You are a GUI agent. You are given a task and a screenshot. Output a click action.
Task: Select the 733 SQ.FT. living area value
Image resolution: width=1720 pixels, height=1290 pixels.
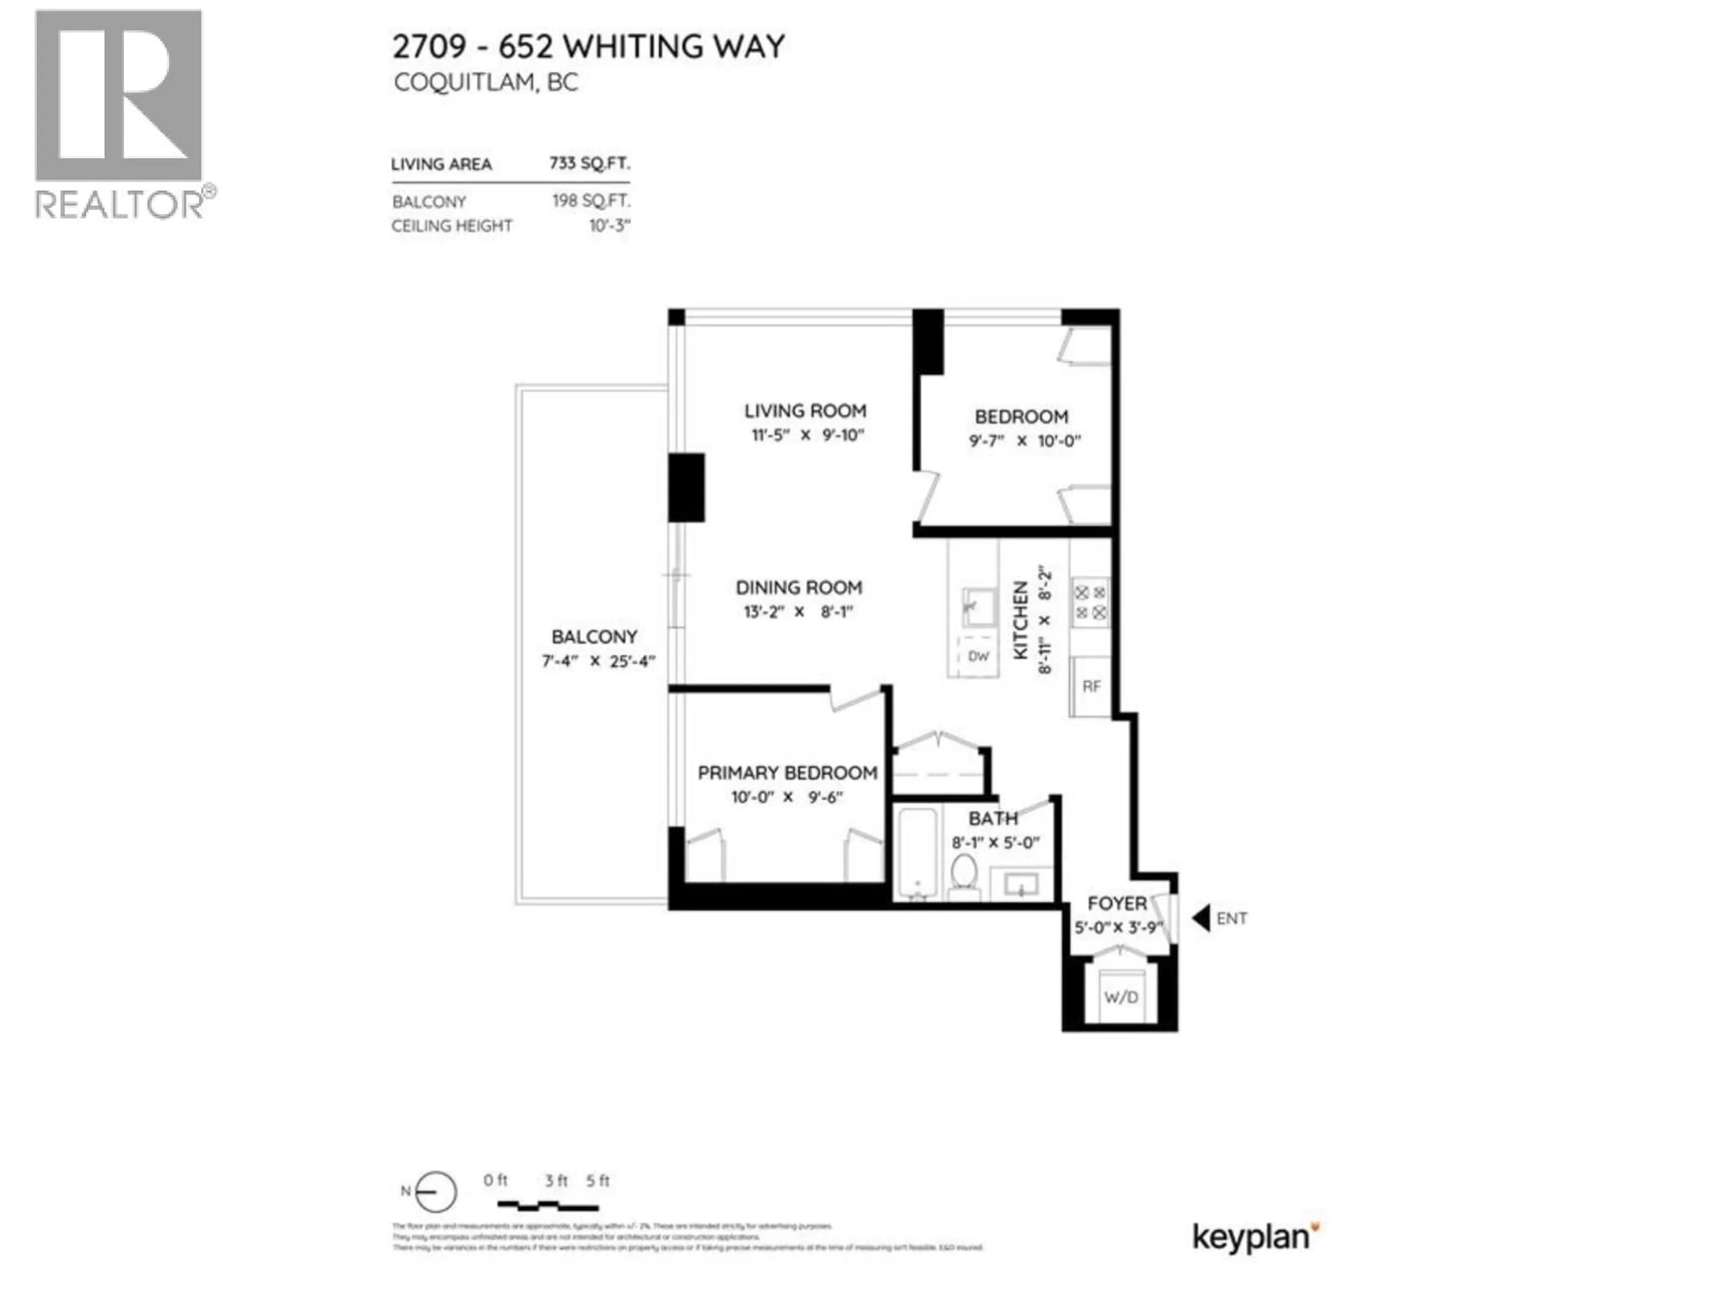pyautogui.click(x=589, y=163)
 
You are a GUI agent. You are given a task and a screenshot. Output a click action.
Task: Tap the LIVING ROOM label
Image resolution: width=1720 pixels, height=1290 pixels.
pyautogui.click(x=805, y=411)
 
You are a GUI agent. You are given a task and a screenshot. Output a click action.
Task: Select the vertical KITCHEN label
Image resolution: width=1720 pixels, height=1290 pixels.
pyautogui.click(x=1021, y=620)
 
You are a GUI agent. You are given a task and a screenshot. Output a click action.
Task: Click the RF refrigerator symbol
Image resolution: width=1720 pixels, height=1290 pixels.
pyautogui.click(x=1091, y=686)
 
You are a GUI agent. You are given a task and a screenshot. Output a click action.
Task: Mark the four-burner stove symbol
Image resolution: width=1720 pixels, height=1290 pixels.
pyautogui.click(x=1090, y=602)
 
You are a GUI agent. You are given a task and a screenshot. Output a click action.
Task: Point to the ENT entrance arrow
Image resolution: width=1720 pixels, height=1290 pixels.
pyautogui.click(x=1201, y=918)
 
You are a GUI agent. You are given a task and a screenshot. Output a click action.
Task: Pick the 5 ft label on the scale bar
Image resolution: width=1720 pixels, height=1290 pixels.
pyautogui.click(x=597, y=1180)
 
